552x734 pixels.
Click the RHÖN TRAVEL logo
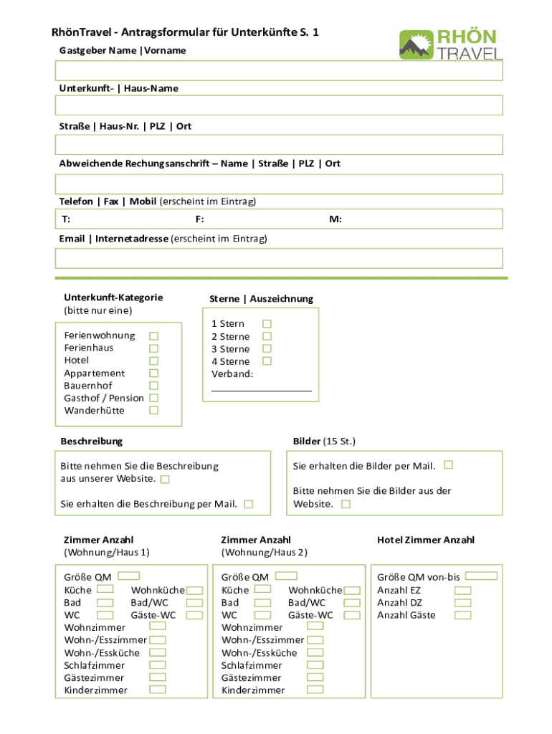[x=451, y=44]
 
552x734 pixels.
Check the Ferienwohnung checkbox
[x=153, y=335]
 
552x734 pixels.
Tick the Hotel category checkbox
[x=153, y=361]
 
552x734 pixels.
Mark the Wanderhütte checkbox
[x=153, y=411]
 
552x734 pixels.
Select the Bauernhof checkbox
[x=153, y=386]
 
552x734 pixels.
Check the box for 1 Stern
[x=267, y=324]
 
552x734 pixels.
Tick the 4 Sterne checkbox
[x=267, y=361]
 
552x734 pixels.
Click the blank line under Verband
[x=262, y=390]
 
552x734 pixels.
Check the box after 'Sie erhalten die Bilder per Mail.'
[x=449, y=464]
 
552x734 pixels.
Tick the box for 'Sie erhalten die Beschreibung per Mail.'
[x=248, y=504]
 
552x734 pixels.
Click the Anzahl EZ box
[x=463, y=591]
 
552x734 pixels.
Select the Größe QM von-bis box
[x=486, y=576]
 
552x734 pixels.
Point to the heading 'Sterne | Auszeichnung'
[x=261, y=299]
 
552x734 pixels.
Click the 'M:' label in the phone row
[x=336, y=219]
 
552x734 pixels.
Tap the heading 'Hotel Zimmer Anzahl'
[x=426, y=540]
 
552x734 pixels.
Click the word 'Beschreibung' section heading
[x=92, y=441]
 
